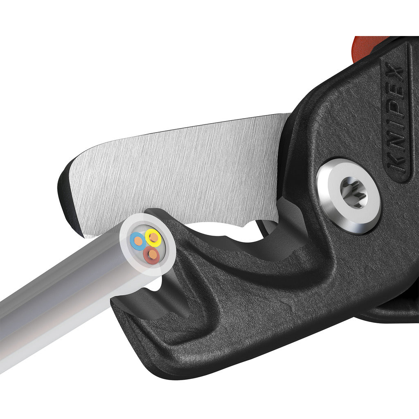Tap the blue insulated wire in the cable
[137, 241]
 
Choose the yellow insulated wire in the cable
[153, 236]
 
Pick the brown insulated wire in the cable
[152, 255]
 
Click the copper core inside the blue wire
[137, 241]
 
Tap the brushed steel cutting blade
[184, 172]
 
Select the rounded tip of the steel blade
[72, 180]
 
